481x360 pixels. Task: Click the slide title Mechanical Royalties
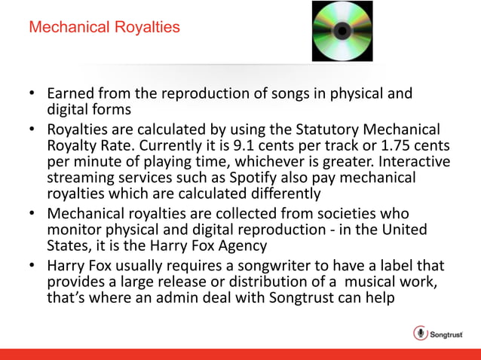104,28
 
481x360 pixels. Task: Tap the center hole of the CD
342,31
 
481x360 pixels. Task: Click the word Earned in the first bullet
69,95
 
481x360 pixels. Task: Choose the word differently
284,194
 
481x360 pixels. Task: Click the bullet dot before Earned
32,96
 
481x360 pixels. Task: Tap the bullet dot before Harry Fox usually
32,265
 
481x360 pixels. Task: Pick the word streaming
81,178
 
